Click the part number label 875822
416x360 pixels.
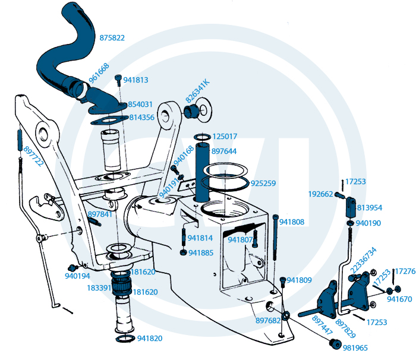coord(112,38)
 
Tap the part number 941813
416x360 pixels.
coord(136,80)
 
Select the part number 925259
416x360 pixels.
coord(263,184)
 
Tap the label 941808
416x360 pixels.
coord(292,222)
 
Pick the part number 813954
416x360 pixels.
coord(370,208)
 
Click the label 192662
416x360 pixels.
coord(320,193)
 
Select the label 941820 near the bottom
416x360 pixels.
coord(150,339)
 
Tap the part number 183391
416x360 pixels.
coord(99,288)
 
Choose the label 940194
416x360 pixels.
coord(78,276)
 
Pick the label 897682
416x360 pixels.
coord(268,321)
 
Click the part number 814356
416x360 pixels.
coord(141,118)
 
